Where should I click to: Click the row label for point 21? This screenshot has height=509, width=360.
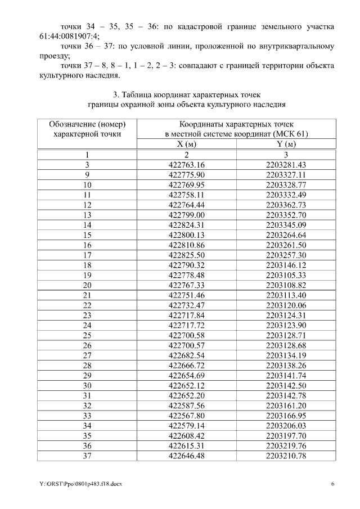tap(87, 295)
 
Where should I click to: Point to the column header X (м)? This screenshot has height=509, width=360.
tap(186, 144)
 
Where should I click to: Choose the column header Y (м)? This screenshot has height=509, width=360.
tap(286, 144)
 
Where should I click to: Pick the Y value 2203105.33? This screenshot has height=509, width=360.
tap(286, 274)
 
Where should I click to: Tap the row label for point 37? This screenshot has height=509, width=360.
tap(87, 455)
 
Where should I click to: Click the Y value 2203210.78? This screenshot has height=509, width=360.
tap(286, 455)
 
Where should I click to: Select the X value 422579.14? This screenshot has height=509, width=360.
tap(186, 425)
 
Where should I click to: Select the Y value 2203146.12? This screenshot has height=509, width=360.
tap(286, 264)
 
